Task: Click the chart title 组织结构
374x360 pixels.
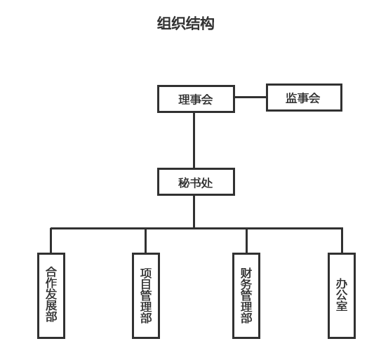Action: point(185,23)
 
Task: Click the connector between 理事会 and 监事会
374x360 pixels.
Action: point(251,97)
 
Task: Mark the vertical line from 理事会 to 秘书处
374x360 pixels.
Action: point(194,140)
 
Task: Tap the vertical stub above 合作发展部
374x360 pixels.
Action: point(51,241)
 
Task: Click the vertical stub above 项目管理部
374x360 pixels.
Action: point(145,241)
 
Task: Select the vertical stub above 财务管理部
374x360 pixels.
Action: point(246,241)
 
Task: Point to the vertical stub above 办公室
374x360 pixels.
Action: point(342,241)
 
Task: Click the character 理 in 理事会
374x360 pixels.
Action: point(184,100)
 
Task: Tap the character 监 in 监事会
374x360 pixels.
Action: point(291,98)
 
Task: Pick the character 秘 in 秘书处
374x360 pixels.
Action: point(184,183)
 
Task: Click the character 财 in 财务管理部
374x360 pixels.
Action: point(246,273)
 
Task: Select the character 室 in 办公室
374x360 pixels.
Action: point(342,306)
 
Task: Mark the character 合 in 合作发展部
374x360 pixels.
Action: point(51,272)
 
